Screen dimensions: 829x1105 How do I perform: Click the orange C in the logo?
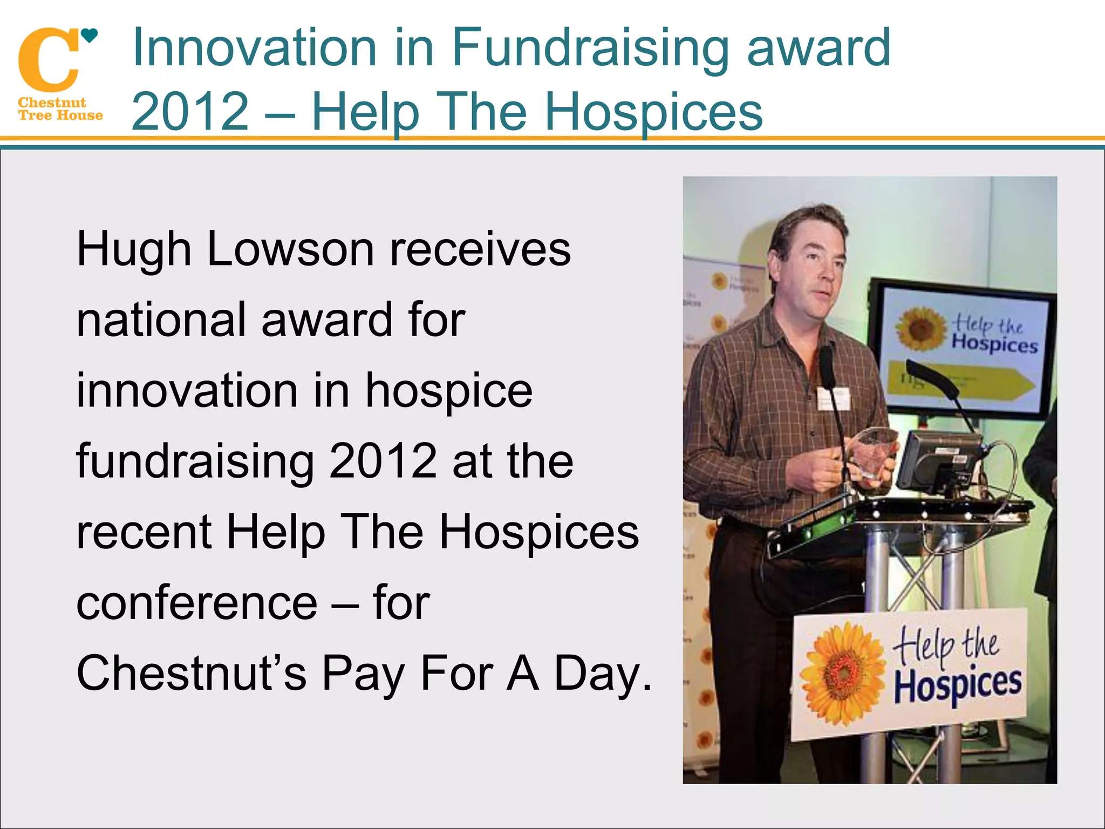tap(47, 60)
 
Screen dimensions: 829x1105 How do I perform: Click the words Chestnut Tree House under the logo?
tap(59, 109)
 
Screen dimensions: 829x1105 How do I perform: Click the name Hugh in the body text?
tap(134, 249)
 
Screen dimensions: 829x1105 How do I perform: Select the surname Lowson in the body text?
tap(290, 249)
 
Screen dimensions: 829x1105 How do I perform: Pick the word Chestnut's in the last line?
tap(192, 672)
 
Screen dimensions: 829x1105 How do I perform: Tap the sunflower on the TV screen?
tap(920, 328)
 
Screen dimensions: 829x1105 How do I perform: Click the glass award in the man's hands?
tap(874, 452)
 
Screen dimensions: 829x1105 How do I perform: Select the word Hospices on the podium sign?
tap(957, 684)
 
